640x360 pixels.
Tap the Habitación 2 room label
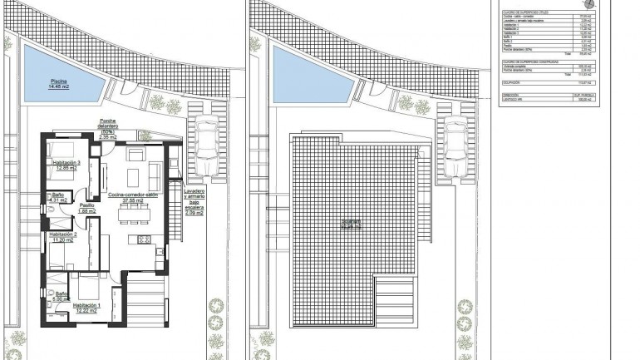[64, 237]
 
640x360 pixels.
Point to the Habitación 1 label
[87, 308]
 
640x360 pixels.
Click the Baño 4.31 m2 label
[58, 198]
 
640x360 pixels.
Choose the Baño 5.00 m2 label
[62, 296]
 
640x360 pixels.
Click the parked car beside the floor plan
[207, 146]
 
